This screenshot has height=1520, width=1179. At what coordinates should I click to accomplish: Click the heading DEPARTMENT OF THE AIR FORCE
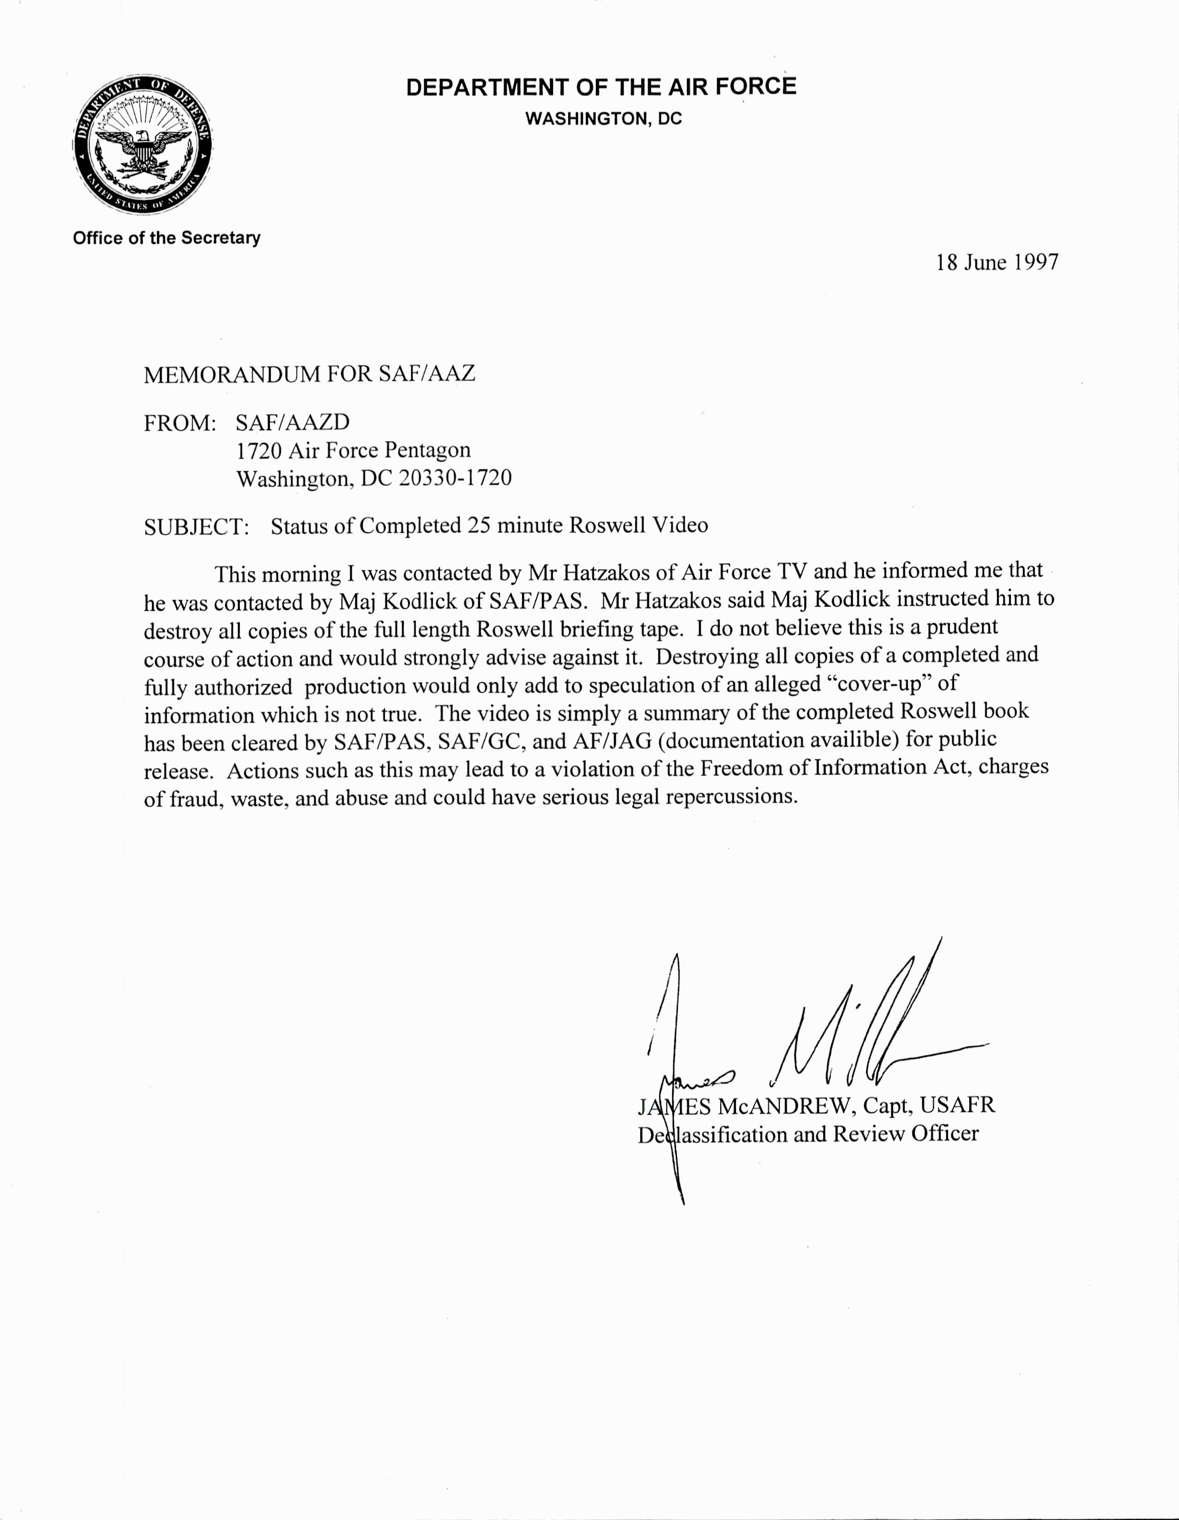click(601, 87)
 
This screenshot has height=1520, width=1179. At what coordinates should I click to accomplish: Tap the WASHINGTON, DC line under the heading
click(603, 119)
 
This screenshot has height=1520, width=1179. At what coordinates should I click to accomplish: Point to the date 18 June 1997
click(997, 262)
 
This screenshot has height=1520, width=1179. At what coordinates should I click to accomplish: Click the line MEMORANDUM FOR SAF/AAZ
click(309, 374)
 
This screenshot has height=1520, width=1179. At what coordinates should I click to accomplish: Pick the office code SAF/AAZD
click(292, 422)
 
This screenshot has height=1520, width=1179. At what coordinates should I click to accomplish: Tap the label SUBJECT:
click(196, 526)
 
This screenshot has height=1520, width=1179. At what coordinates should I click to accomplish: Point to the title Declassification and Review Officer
click(808, 1134)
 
